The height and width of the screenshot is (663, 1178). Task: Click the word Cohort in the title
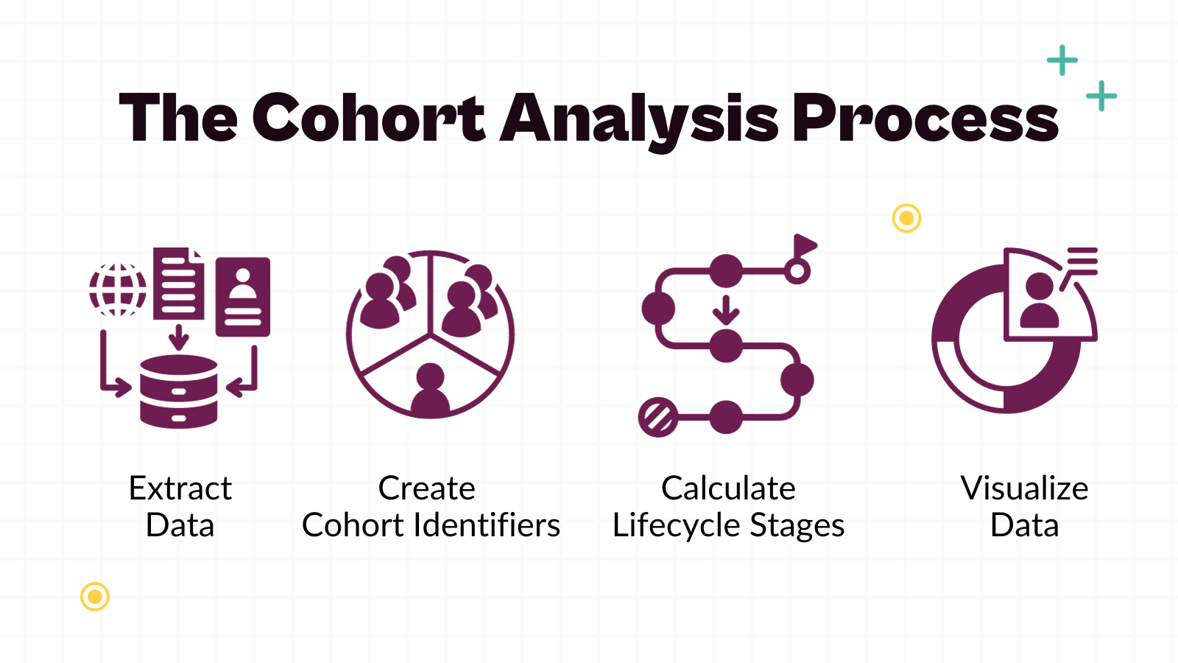click(x=368, y=118)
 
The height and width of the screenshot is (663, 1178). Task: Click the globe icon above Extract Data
click(x=118, y=289)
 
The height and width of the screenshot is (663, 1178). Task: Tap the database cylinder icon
click(x=179, y=391)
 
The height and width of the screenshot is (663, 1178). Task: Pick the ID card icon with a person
click(x=242, y=296)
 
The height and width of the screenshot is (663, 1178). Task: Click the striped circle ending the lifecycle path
click(x=658, y=417)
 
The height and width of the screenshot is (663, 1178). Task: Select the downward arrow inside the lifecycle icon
click(x=726, y=310)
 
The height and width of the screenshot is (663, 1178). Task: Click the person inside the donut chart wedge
click(x=1040, y=301)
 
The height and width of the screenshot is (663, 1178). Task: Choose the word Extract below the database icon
click(x=180, y=488)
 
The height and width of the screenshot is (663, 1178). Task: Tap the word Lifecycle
click(x=676, y=526)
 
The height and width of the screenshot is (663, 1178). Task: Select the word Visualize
click(x=1024, y=488)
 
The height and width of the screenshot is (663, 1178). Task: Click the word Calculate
click(x=728, y=488)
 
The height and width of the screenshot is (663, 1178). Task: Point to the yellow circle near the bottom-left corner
click(x=95, y=597)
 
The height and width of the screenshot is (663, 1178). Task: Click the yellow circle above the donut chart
click(x=906, y=218)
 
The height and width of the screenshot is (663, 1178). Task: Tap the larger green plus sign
click(x=1062, y=60)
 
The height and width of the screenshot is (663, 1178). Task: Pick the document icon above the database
click(x=178, y=284)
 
